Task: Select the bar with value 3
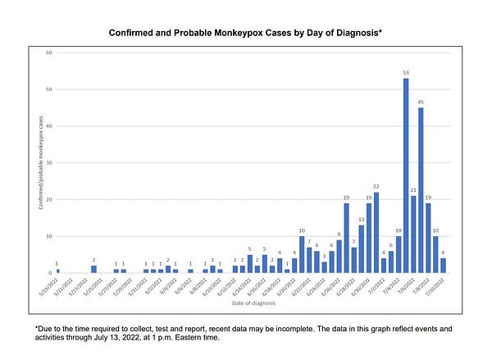(x=325, y=267)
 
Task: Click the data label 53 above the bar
(x=406, y=73)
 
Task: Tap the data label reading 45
(x=421, y=103)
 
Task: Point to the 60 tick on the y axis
(x=48, y=52)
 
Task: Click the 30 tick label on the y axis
(x=48, y=162)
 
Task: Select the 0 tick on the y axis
(x=50, y=273)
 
